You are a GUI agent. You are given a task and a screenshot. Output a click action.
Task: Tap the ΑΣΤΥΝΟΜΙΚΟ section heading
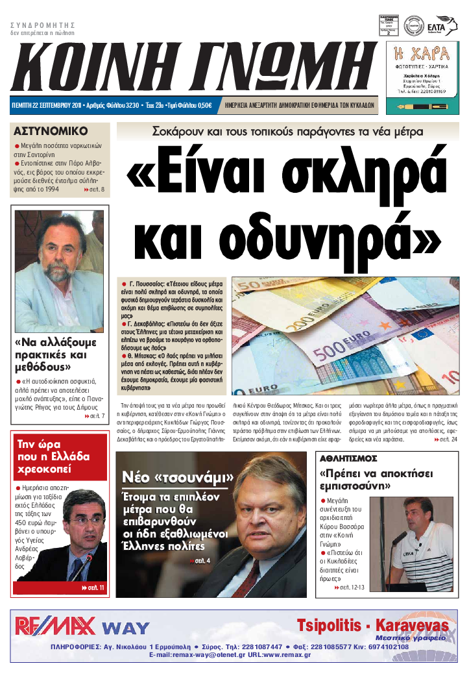click(51, 129)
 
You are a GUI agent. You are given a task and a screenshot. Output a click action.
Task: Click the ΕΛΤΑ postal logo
click(443, 25)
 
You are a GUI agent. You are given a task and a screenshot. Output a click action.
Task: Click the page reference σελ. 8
click(95, 190)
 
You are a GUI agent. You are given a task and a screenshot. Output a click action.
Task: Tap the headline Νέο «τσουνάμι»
click(178, 478)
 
